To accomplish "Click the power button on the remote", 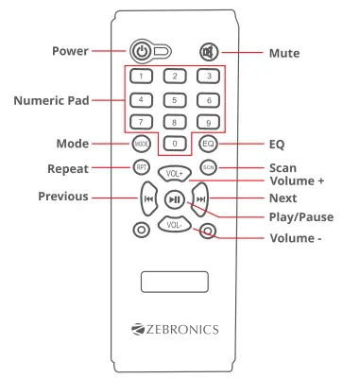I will click(142, 52).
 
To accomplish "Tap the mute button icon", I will click(207, 52).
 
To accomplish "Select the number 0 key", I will click(174, 143).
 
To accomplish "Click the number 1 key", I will click(140, 76).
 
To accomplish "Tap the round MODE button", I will click(140, 144).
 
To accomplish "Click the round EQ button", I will click(208, 144).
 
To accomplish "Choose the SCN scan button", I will click(208, 167).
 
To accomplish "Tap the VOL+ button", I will click(174, 174).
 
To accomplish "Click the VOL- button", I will click(174, 225).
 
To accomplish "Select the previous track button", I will click(148, 199).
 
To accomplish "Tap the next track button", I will click(200, 199).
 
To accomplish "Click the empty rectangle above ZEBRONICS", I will click(175, 282).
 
